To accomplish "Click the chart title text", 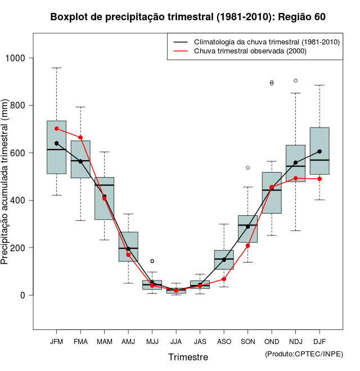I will (x=188, y=17).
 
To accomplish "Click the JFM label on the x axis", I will (x=56, y=341).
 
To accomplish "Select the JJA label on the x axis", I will (x=176, y=341).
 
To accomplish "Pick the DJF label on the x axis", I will (x=319, y=341).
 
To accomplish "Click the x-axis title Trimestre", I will (x=188, y=357).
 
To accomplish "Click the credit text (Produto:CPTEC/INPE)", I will (x=304, y=354).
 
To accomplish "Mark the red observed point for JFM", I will (x=56, y=129).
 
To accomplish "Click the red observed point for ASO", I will (x=224, y=279).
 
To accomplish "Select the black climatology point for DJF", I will (x=319, y=151).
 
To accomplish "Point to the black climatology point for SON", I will (x=247, y=227).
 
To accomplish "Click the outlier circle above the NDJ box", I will (x=296, y=80).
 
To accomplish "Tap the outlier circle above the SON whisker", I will (x=247, y=168).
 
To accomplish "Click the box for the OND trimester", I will (x=272, y=193).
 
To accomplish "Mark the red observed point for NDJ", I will (x=296, y=178).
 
